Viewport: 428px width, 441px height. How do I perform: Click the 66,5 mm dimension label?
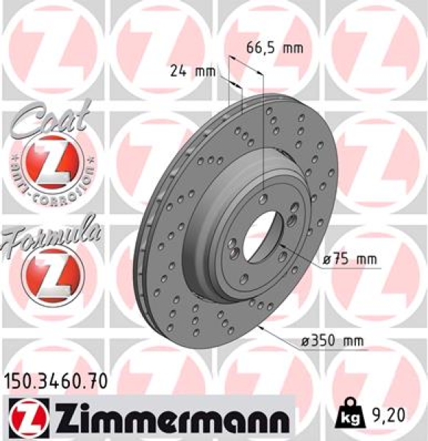pyautogui.click(x=274, y=49)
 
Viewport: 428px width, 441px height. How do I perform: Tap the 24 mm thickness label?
pyautogui.click(x=192, y=72)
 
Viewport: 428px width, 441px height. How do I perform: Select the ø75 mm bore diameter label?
pyautogui.click(x=350, y=259)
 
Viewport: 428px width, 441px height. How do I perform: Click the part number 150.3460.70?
pyautogui.click(x=56, y=381)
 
